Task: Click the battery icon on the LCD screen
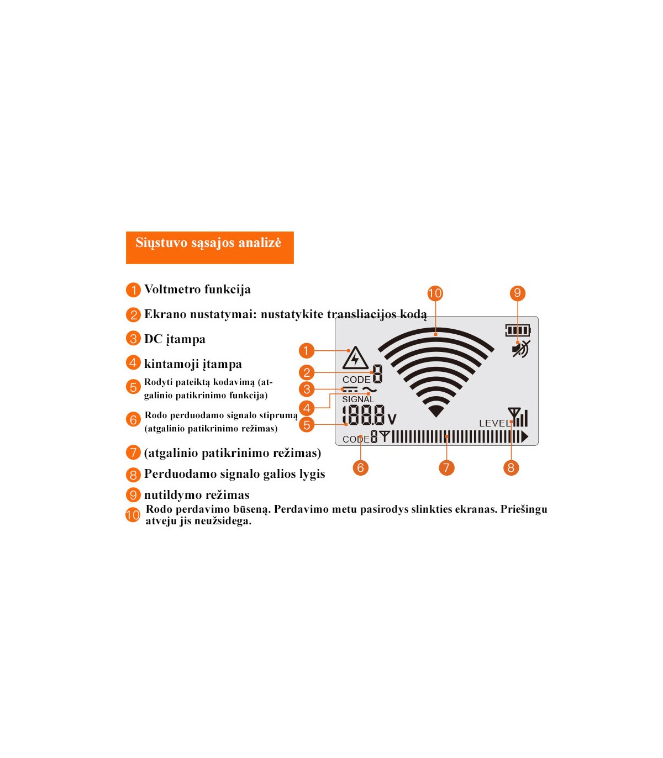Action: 518,330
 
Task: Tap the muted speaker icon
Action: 521,349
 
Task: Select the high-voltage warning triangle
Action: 355,358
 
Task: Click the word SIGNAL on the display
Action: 358,399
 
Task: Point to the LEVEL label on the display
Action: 494,423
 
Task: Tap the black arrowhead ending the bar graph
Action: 524,437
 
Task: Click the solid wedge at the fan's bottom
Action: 436,411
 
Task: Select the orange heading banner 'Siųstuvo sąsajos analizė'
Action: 209,248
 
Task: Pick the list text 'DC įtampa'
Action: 175,339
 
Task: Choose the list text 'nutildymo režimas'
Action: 197,495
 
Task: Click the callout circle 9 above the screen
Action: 518,293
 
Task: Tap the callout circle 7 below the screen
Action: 446,467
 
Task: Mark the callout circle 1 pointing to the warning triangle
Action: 307,350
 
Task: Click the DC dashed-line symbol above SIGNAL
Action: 350,389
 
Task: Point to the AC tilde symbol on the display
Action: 370,389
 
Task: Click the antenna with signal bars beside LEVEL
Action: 518,417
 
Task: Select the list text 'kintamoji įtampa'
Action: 193,364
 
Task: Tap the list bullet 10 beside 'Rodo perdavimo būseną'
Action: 133,515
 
